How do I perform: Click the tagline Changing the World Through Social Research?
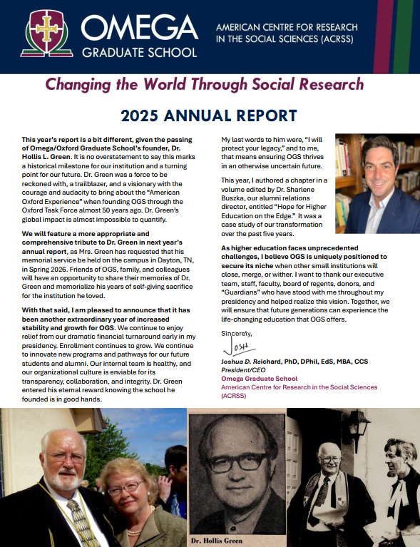(x=204, y=85)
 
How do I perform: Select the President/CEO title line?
(x=243, y=369)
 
